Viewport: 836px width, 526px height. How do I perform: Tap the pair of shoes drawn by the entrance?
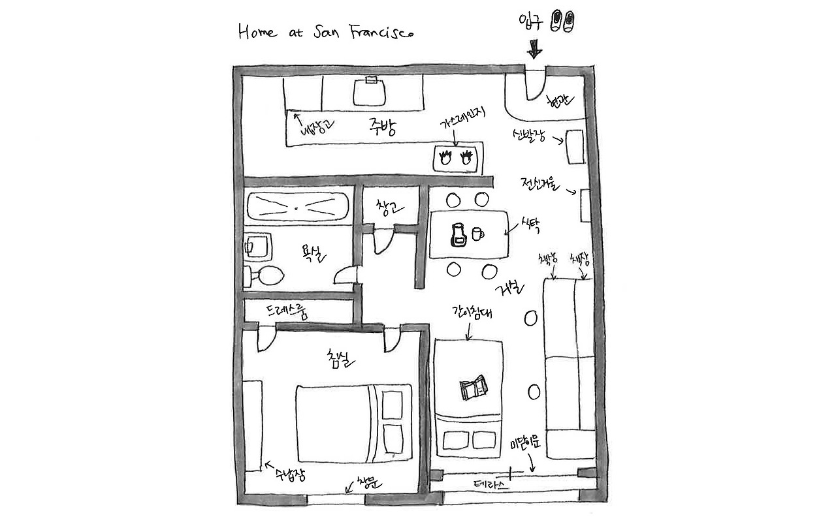[x=563, y=20]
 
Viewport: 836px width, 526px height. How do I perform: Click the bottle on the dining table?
[x=458, y=235]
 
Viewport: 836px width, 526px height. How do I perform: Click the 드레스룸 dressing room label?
[x=286, y=311]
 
